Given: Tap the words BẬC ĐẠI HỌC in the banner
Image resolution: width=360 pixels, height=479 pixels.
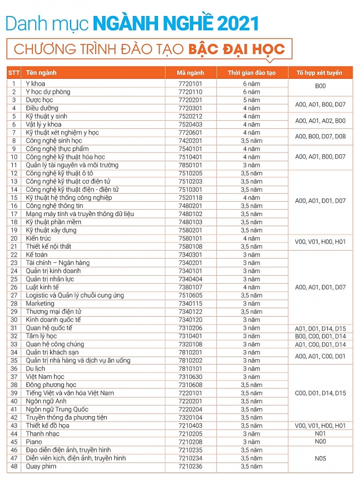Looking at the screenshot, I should pos(237,49).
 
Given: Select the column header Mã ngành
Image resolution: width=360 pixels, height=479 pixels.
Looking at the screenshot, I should pos(190,73).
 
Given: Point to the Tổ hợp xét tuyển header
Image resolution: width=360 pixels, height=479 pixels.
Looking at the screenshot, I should pos(320,73).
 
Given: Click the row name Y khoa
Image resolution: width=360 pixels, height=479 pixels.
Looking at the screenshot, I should pos(36,84).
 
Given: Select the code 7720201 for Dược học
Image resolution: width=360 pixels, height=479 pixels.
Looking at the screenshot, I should pos(190,100).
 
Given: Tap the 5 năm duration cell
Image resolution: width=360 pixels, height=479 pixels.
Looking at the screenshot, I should pos(252,100).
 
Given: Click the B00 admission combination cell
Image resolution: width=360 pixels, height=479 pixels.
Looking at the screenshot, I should pos(320,86).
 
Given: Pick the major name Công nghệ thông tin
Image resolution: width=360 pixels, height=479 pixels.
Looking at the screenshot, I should pos(55,206).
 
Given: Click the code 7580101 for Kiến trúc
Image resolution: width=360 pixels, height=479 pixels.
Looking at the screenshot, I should pos(190,238).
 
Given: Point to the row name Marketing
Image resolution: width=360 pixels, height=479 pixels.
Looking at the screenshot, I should pos(40,304).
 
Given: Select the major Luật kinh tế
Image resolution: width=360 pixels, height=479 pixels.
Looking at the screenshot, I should pos(43,287).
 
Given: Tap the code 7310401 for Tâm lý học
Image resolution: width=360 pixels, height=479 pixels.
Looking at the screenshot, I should pos(190,336).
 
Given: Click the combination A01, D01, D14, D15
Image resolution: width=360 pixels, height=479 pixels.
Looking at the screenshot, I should pos(320,328).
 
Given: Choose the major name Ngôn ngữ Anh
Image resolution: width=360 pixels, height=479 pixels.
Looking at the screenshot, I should pos(47,401).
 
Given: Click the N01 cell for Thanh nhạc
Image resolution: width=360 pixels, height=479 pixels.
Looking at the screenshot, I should pos(320,434).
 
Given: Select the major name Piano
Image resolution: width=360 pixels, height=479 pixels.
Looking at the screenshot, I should pos(34,442).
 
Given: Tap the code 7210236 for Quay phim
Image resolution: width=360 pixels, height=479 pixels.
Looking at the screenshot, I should pos(190,467).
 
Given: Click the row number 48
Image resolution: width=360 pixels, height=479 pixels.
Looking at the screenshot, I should pos(14,467).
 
